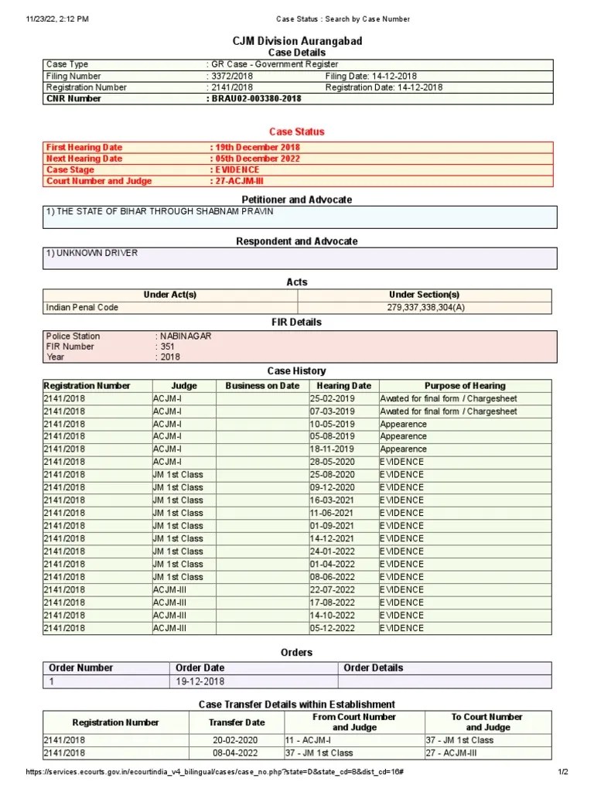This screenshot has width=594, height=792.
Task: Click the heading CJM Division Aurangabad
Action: click(297, 41)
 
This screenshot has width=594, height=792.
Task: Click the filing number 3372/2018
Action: click(232, 76)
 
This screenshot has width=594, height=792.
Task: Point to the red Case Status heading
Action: click(297, 131)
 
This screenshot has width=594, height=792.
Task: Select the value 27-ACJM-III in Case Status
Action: click(236, 181)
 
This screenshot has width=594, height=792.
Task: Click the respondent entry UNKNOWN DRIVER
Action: click(92, 253)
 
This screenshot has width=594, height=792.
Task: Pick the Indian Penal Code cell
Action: click(82, 307)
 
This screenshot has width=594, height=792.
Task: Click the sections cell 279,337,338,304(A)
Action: click(425, 307)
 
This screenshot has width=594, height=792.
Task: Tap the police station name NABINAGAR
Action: click(185, 336)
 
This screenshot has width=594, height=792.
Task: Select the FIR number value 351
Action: click(167, 346)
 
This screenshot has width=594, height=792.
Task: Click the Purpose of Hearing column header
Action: click(465, 385)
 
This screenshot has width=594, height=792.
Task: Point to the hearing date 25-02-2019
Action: click(333, 398)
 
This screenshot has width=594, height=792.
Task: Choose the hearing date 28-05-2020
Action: click(333, 462)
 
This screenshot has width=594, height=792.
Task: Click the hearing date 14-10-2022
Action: click(333, 615)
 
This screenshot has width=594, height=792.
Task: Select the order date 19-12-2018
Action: click(199, 681)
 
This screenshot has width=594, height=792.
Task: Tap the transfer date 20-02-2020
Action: click(236, 740)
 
